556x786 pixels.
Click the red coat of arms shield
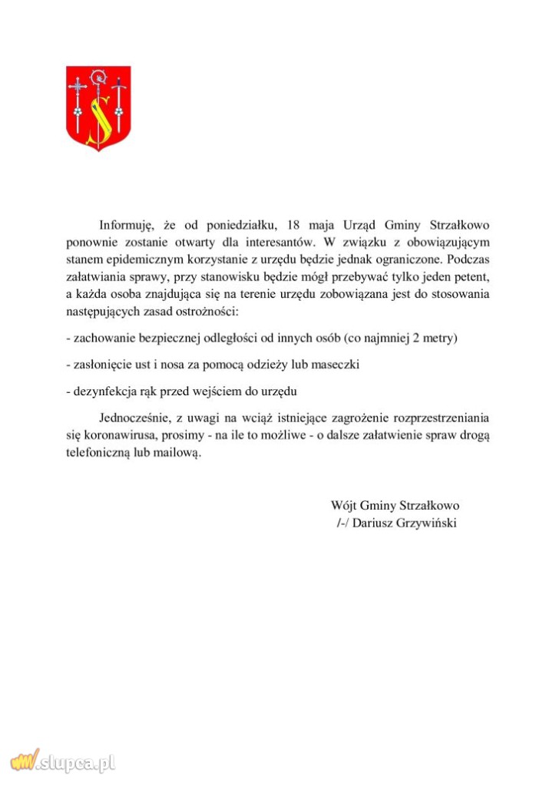(98, 107)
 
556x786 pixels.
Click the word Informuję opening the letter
(127, 226)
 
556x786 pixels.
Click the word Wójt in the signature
(344, 506)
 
